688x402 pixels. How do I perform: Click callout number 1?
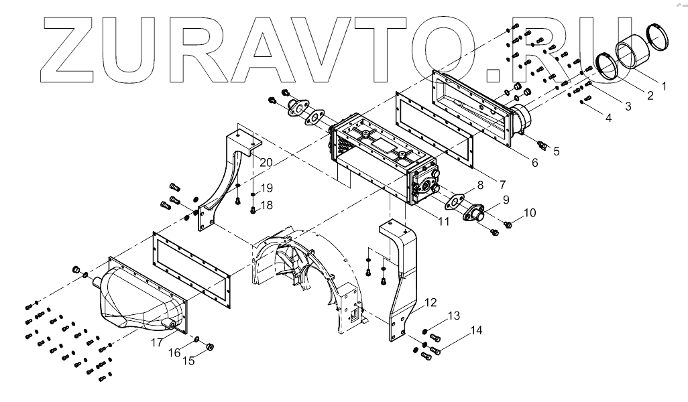coord(665,86)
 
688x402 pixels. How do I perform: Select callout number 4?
coord(608,118)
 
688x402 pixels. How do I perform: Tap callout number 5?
coord(556,151)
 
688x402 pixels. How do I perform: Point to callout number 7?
coord(502,183)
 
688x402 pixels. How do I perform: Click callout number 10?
coord(530,213)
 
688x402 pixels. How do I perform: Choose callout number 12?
coord(430,302)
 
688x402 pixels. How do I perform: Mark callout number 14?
coord(476,330)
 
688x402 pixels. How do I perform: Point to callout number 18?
coord(266,205)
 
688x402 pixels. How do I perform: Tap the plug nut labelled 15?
coord(209,346)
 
